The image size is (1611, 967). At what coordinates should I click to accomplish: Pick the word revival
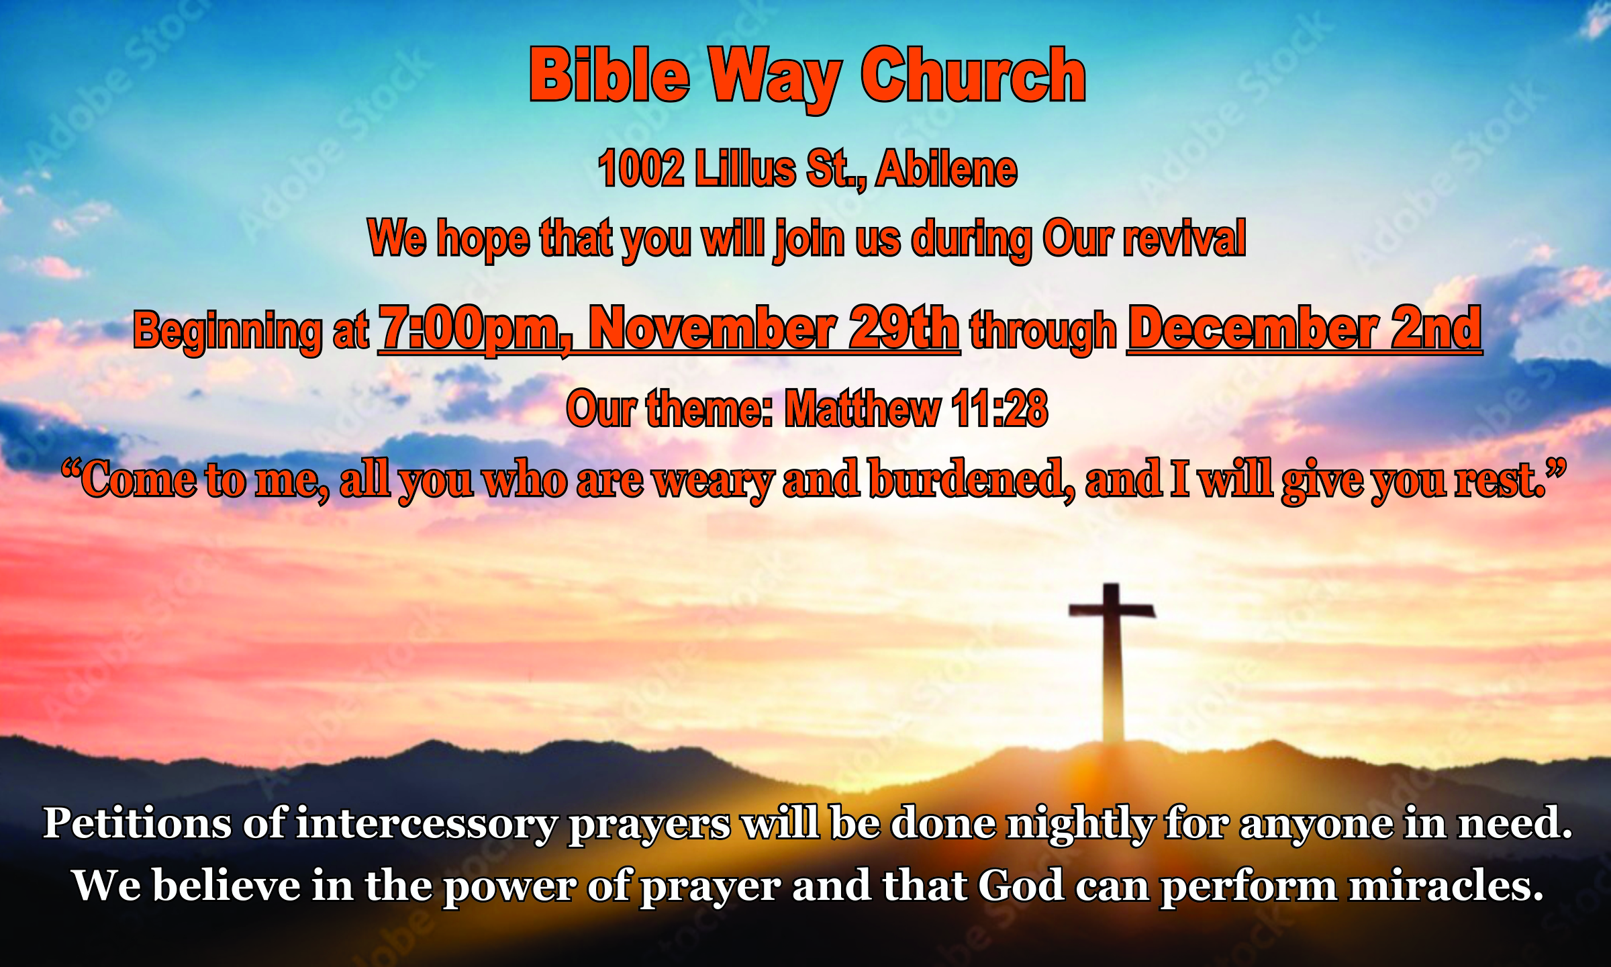coord(1184,238)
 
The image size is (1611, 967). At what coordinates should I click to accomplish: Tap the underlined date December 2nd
coord(1304,327)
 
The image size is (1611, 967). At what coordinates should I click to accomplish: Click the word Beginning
coord(227,331)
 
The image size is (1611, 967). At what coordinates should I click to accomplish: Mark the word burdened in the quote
coord(971,479)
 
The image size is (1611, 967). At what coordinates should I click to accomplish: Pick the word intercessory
coord(426,825)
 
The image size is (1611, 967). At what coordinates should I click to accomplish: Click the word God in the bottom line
coord(1021,885)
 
